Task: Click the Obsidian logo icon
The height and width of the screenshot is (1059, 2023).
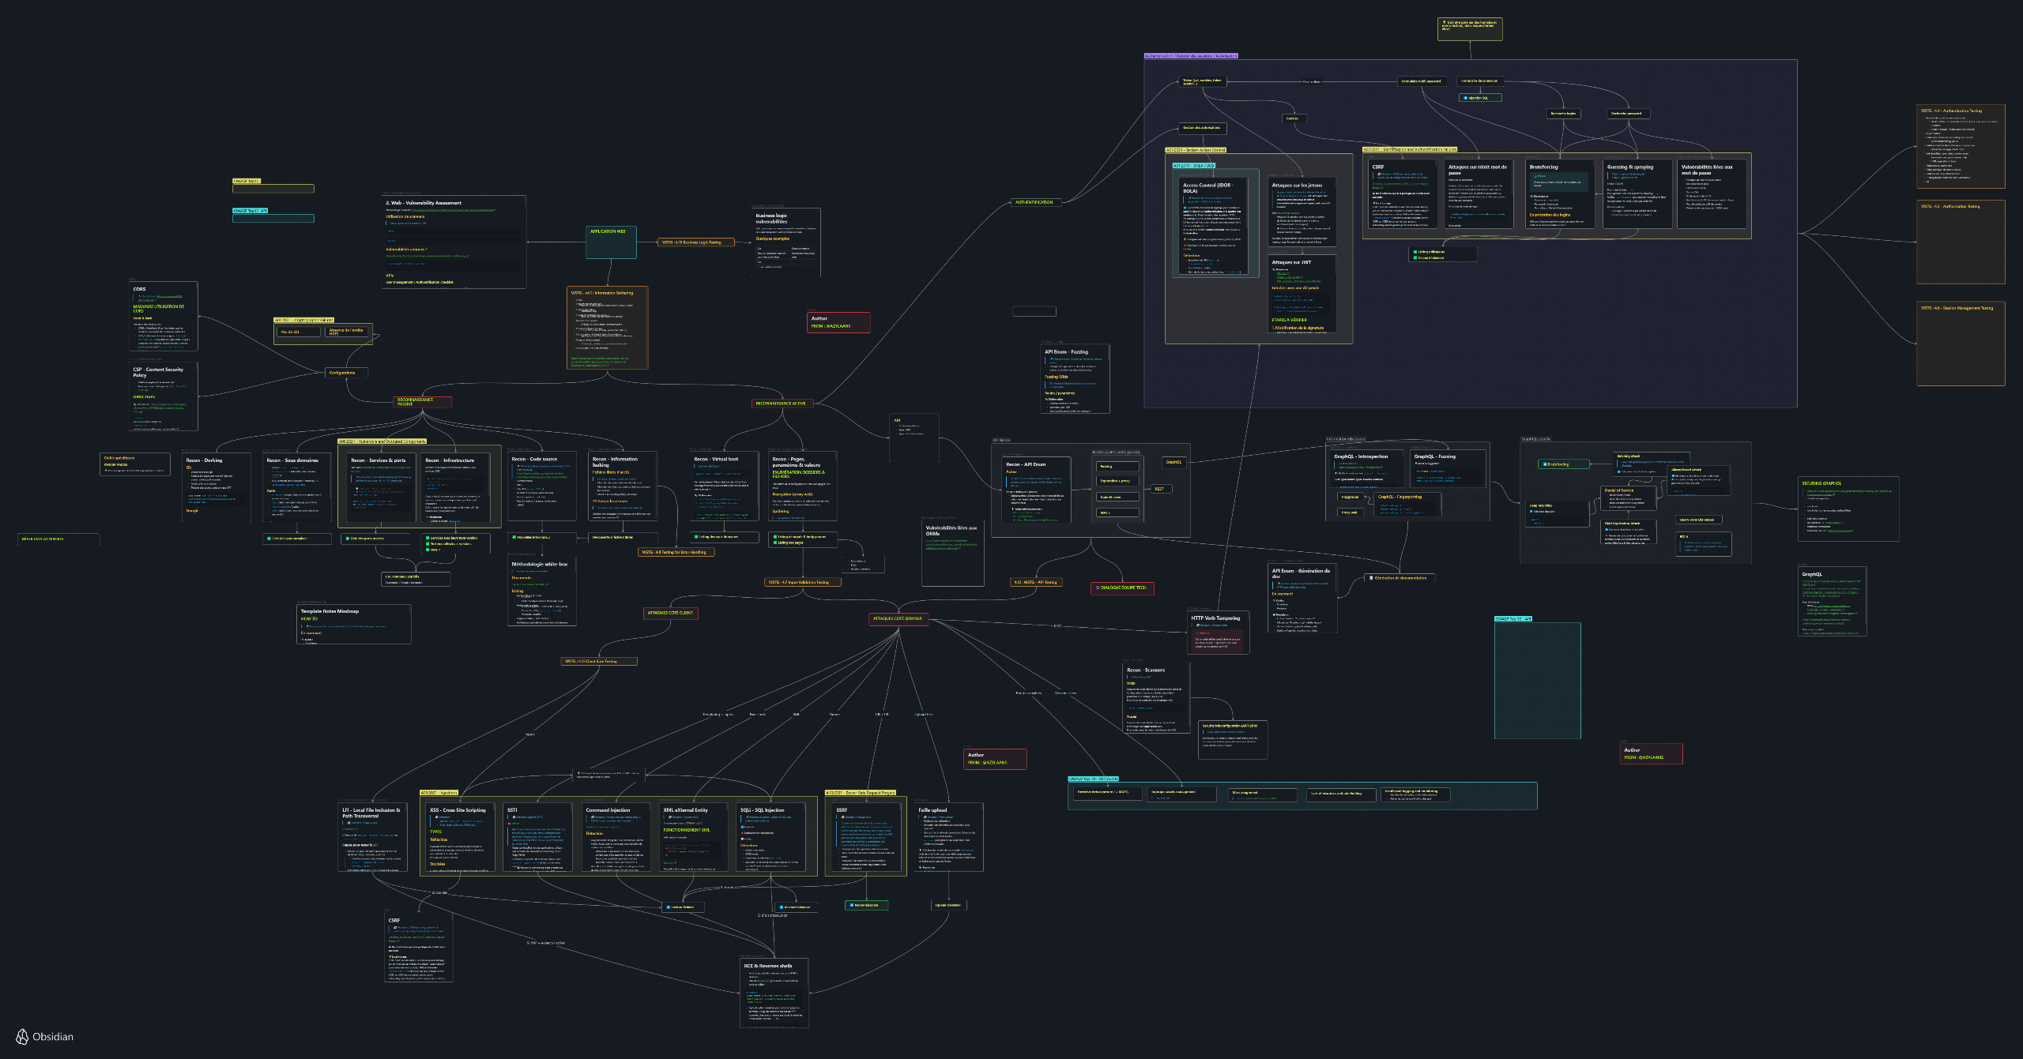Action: coord(22,1037)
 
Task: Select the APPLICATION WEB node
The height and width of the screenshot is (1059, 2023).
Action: coord(608,231)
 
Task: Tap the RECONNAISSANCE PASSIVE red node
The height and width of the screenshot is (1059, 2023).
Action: coord(423,402)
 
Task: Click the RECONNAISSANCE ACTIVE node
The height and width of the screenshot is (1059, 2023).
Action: coord(781,404)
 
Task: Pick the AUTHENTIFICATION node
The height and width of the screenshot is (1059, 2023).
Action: coord(1034,202)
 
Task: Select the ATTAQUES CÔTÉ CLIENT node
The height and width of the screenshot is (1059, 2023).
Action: coord(670,613)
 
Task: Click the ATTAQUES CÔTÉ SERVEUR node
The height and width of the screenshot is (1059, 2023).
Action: coord(897,619)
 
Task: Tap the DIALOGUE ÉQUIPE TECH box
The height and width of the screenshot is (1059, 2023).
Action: coord(1122,588)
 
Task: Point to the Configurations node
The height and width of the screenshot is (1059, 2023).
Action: coord(342,373)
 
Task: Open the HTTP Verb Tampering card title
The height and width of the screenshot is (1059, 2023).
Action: coord(1215,618)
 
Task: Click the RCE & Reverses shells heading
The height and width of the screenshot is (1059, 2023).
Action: coord(767,966)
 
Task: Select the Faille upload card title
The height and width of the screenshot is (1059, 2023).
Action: coord(932,810)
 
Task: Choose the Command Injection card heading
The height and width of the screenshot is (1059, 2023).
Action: coord(608,810)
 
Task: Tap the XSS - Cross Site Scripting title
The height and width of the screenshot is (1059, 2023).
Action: coord(458,810)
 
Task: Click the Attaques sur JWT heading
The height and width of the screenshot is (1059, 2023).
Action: coord(1291,262)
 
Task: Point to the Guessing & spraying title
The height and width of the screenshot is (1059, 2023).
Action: coord(1629,167)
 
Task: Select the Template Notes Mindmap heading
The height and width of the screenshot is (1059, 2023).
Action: coord(330,611)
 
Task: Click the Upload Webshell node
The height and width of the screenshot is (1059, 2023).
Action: coord(947,906)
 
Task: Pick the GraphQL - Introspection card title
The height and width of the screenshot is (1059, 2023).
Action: coord(1361,456)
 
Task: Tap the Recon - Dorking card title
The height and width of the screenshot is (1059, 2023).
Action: coord(204,460)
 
